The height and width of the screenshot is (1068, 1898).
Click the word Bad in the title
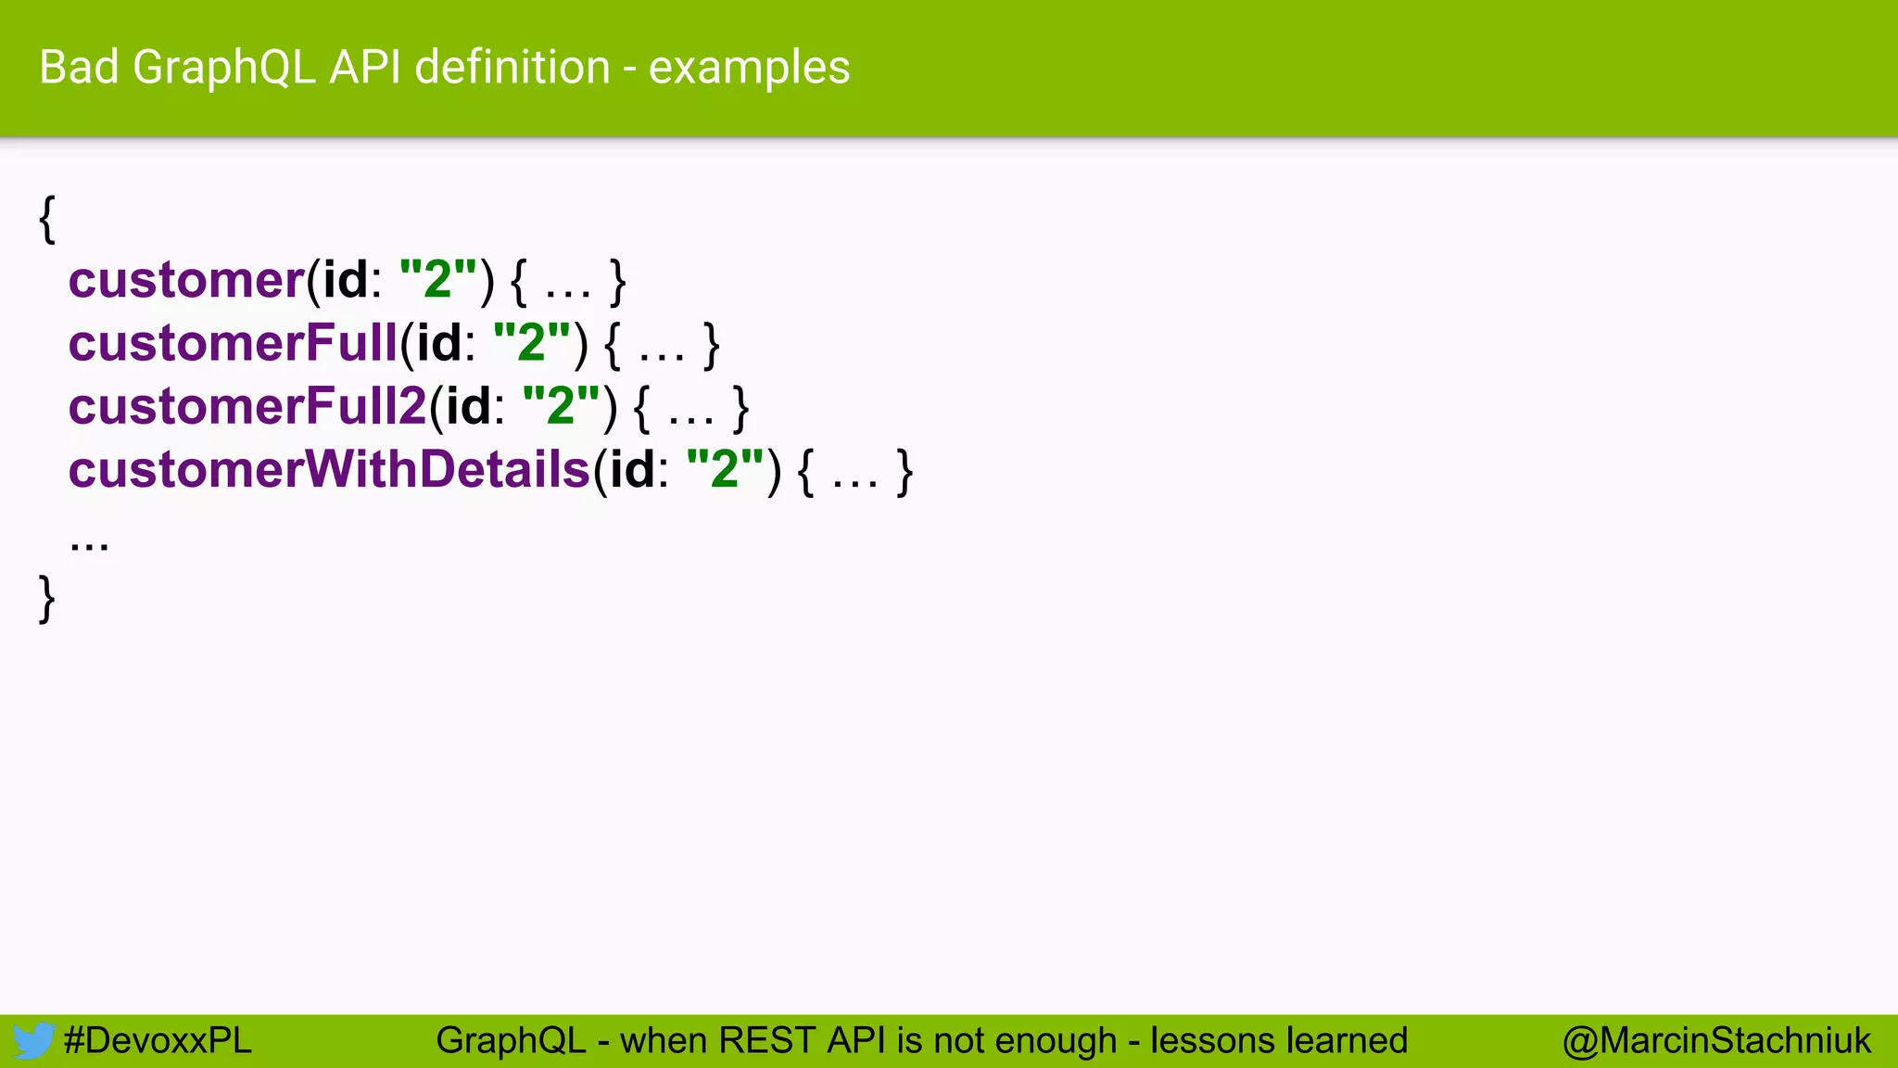click(79, 68)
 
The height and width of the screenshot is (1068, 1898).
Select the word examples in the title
click(749, 68)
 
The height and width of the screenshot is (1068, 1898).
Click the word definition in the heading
click(512, 68)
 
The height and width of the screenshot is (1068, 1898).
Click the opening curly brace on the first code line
click(47, 219)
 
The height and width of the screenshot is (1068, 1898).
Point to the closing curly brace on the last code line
click(47, 598)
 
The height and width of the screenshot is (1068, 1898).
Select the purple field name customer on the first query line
click(186, 280)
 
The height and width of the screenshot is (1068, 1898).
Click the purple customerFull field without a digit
click(233, 343)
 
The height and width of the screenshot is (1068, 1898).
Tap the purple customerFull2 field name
click(247, 406)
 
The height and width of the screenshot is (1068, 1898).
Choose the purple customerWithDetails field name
click(329, 469)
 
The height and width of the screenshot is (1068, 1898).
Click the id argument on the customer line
click(345, 280)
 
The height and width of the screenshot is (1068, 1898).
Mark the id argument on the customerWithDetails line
click(632, 469)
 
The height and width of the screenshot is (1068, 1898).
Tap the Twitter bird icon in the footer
click(33, 1040)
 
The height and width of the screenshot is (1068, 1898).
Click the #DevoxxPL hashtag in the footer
click(158, 1040)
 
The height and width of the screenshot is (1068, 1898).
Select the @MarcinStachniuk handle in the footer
click(1716, 1040)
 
